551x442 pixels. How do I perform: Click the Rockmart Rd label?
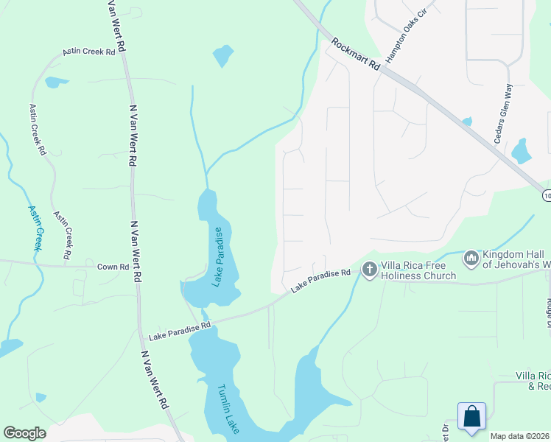coord(355,54)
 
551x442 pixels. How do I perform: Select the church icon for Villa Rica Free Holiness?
coord(369,270)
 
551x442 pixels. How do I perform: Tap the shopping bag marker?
coord(471,416)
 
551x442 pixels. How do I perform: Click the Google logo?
coord(24,433)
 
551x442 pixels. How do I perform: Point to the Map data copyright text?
coord(520,436)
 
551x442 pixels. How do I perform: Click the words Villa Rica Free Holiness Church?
coord(418,270)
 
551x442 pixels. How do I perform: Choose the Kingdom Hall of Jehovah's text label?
coord(516,259)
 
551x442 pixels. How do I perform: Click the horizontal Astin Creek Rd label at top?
coord(89,52)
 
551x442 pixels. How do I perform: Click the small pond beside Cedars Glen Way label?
coord(522,150)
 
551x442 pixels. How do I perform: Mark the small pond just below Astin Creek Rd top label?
coord(55,83)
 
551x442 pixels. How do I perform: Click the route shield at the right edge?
coord(547,195)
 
